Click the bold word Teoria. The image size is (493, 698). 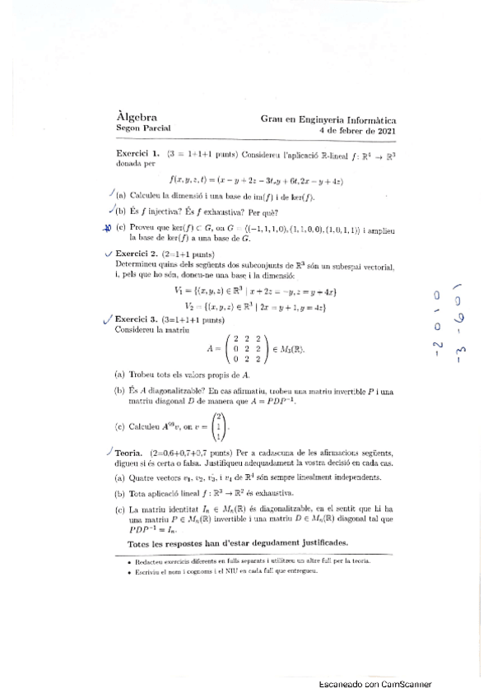coord(132,453)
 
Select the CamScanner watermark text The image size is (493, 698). coord(374,684)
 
